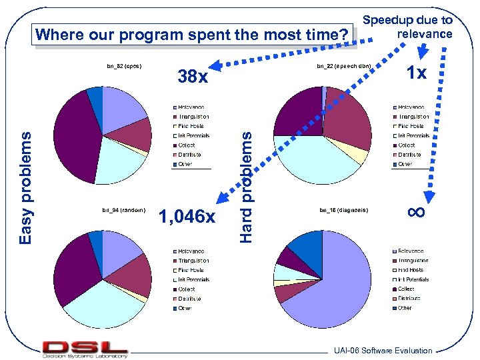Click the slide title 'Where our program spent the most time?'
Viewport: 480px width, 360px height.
point(193,34)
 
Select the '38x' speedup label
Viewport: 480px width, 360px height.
point(193,77)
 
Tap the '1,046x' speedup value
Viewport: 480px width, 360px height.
point(187,217)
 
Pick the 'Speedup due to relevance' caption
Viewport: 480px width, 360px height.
point(407,27)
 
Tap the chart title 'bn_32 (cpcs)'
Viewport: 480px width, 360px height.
point(123,66)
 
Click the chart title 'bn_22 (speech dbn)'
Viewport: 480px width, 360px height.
point(343,66)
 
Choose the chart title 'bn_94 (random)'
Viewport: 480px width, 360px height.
point(123,210)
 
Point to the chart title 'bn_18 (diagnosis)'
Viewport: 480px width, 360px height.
point(343,210)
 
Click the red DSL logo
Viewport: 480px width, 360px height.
point(85,347)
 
